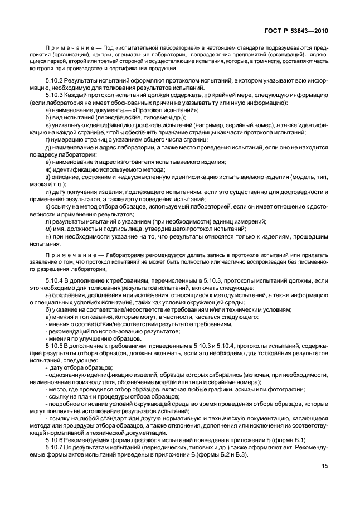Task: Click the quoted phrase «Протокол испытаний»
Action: [155, 110]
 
